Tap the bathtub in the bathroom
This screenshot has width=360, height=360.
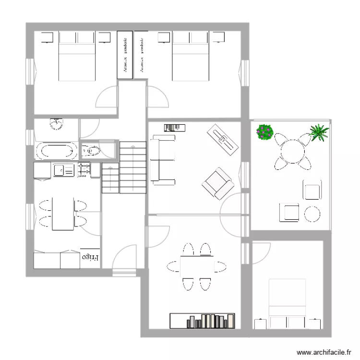(56, 152)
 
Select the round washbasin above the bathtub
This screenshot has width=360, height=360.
(57, 125)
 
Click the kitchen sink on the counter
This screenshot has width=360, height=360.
(63, 170)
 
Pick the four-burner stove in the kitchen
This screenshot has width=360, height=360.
(83, 170)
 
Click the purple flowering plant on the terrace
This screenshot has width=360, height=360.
(264, 132)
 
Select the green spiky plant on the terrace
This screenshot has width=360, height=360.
(319, 132)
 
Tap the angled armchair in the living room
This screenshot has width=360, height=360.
(218, 183)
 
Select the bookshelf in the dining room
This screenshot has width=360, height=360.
(203, 321)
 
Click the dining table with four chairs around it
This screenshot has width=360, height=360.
(196, 266)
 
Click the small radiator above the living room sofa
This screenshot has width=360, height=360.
(175, 127)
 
